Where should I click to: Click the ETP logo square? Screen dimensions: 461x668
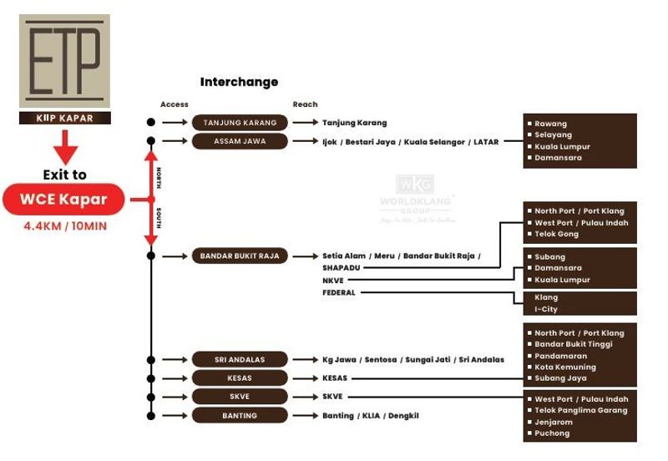pos(64,61)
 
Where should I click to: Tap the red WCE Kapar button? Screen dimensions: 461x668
pos(64,200)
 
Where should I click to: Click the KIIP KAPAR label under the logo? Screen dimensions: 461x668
pos(64,119)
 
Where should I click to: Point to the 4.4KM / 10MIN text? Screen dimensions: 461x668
pos(64,225)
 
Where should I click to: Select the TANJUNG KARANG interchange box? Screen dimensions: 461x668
pos(240,123)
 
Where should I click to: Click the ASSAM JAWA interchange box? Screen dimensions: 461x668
pos(240,141)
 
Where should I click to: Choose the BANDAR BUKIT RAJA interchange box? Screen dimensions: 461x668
pos(240,256)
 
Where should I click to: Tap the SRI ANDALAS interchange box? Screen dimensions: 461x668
pos(240,360)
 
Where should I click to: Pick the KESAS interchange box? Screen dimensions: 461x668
pos(240,378)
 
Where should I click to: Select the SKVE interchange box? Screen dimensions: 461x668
pos(240,397)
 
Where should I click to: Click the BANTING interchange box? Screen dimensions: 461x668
pos(240,415)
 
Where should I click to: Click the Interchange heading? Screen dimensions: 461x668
pos(239,82)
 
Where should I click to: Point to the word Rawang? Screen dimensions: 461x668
pos(550,124)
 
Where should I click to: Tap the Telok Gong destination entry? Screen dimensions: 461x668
pos(556,234)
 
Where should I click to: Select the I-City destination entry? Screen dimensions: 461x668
pos(546,310)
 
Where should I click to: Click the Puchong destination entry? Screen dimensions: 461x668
pos(552,433)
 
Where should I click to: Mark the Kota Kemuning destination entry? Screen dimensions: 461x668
pos(565,367)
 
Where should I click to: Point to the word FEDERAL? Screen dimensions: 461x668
pos(339,293)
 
